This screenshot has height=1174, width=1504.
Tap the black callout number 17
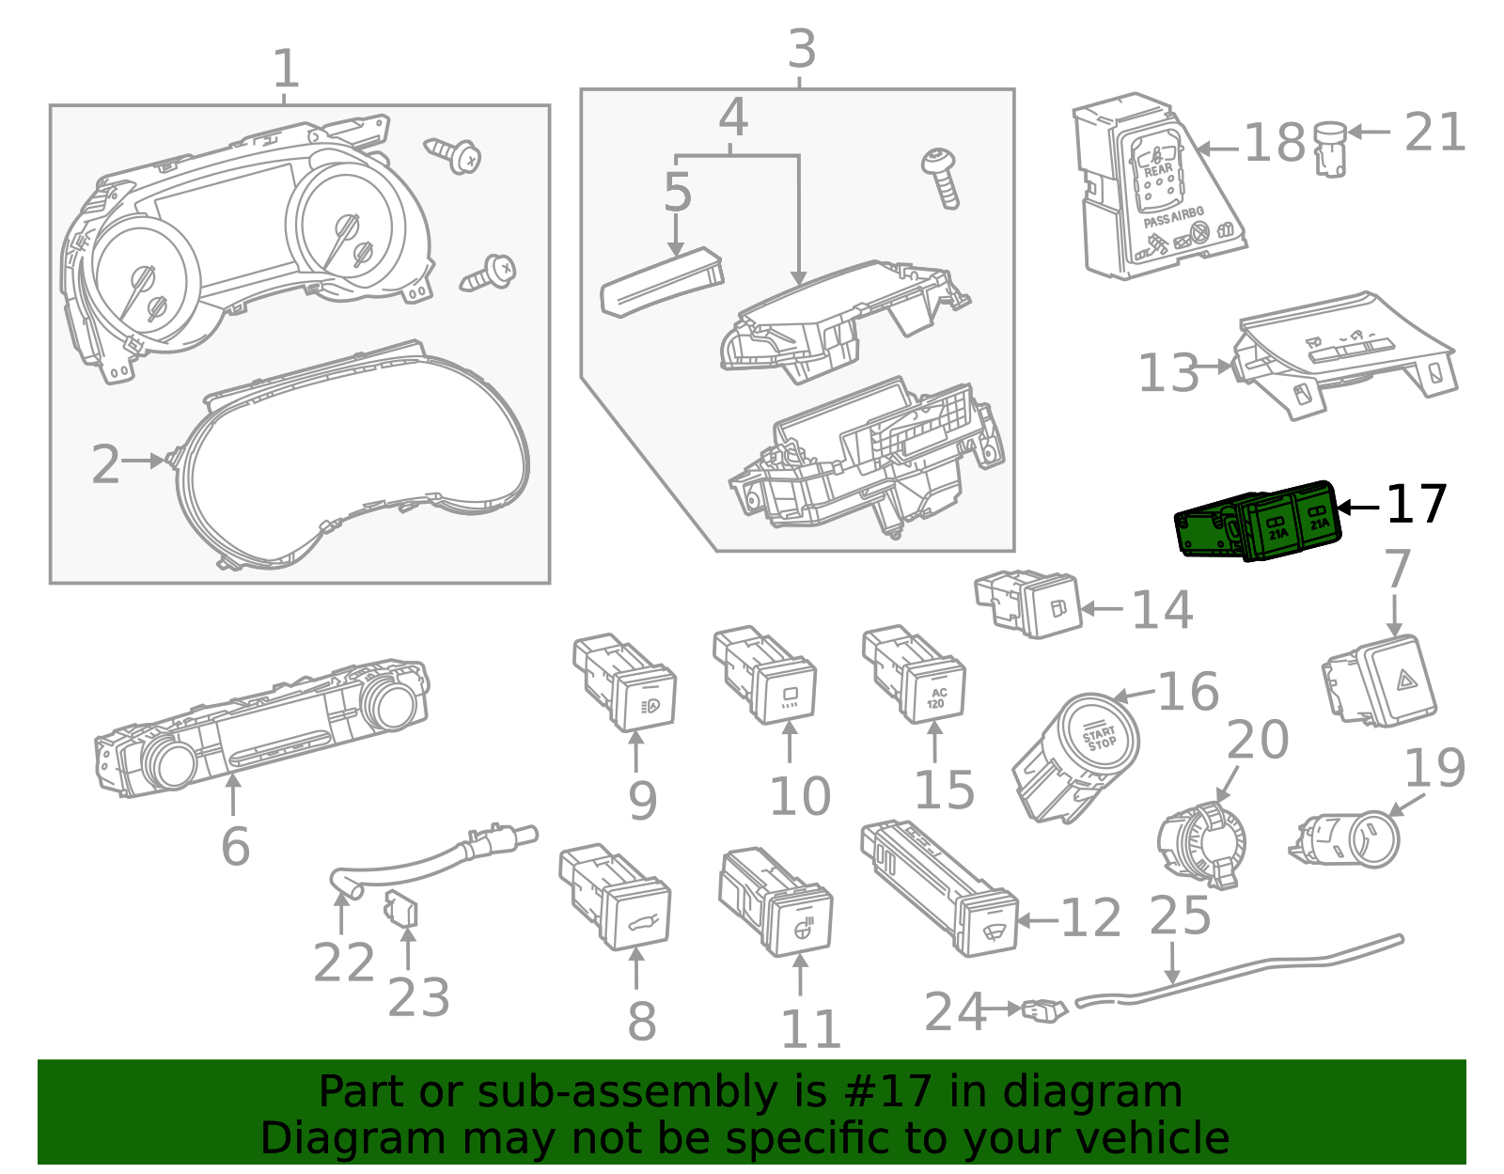pyautogui.click(x=1417, y=505)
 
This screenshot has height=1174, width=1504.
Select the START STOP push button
pyautogui.click(x=1100, y=738)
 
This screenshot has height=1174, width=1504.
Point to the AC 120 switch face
pyautogui.click(x=936, y=697)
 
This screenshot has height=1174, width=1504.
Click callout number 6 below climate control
pyautogui.click(x=235, y=846)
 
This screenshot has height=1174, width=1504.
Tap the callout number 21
pyautogui.click(x=1434, y=133)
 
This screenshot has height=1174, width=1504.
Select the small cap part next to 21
pyautogui.click(x=1329, y=148)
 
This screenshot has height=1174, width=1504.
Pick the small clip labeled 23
pyautogui.click(x=401, y=910)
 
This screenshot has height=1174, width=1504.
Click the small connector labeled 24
pyautogui.click(x=1044, y=1011)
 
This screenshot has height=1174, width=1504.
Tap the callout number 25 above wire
pyautogui.click(x=1181, y=916)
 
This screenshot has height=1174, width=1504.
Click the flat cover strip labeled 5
pyautogui.click(x=661, y=281)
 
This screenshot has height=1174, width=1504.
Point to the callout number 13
pyautogui.click(x=1168, y=373)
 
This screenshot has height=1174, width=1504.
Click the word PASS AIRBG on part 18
pyautogui.click(x=1173, y=218)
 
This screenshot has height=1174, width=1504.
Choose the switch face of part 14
pyautogui.click(x=1057, y=608)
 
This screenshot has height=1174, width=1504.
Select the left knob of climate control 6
pyautogui.click(x=172, y=763)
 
